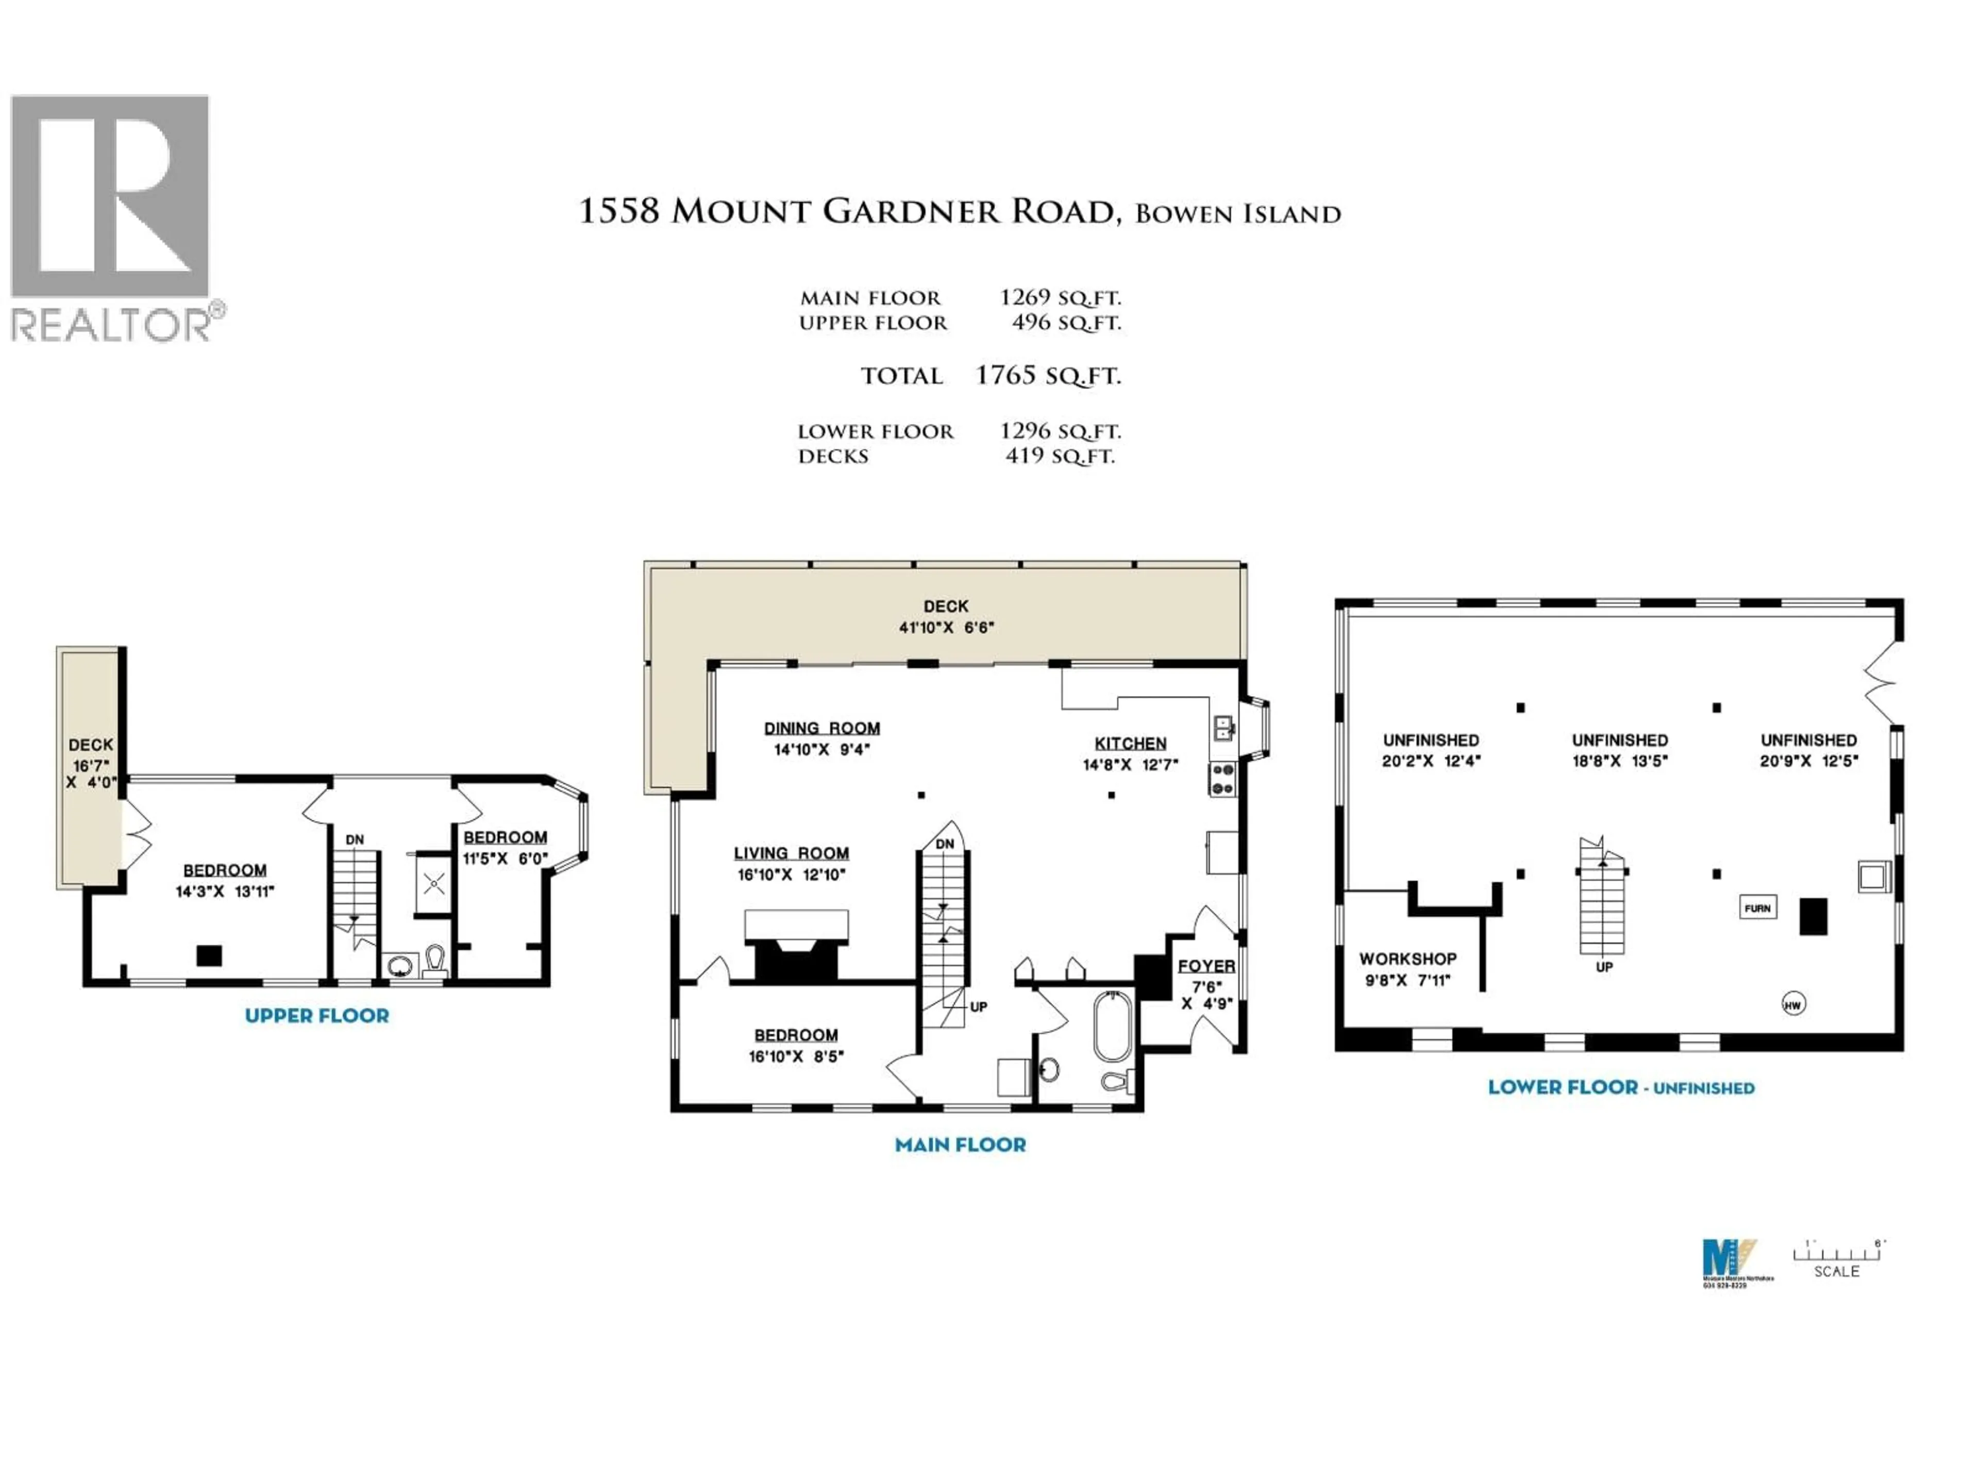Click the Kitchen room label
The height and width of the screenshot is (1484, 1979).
(1130, 744)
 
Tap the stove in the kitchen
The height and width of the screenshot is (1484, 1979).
(1222, 779)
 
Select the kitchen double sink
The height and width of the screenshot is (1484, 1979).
(1223, 728)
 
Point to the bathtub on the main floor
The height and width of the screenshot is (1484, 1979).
(1112, 1026)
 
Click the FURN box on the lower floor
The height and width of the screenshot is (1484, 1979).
(1757, 908)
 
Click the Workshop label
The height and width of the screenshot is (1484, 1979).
(1407, 958)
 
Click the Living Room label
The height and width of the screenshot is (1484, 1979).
(791, 853)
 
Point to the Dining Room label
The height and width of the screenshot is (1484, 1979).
(821, 728)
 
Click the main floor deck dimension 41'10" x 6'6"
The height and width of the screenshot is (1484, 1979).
(946, 627)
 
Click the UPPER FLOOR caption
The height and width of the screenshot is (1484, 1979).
(317, 1015)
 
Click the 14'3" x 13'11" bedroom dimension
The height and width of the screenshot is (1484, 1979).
(225, 891)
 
